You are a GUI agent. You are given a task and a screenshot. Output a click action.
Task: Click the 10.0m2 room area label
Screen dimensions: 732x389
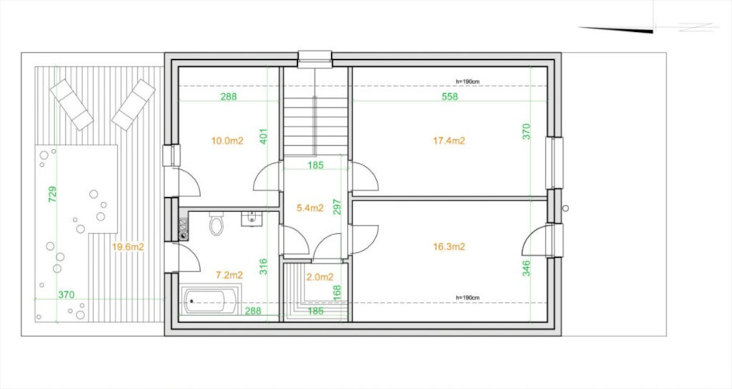point(227,141)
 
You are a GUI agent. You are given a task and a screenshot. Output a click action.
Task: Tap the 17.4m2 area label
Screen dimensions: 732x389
point(449,141)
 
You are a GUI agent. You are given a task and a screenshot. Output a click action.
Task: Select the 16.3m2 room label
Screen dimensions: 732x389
point(449,247)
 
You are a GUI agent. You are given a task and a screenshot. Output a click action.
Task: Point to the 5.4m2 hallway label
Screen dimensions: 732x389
point(310,208)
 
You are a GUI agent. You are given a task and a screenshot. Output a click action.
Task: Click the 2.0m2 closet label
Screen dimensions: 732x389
point(319,277)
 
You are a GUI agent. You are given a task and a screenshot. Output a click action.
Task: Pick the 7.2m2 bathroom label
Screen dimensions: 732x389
point(230,275)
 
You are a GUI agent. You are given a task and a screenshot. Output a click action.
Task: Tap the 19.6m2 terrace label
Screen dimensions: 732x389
point(128,248)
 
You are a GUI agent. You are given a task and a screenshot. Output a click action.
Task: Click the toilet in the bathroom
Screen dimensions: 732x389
point(216,224)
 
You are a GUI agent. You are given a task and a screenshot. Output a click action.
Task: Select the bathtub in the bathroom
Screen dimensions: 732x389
point(211,301)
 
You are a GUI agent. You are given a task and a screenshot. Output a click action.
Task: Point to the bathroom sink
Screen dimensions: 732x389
point(251,218)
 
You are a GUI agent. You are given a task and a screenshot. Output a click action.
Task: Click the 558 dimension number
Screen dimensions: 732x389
point(450,97)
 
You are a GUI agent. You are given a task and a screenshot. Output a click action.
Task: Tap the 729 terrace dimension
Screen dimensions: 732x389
point(52,194)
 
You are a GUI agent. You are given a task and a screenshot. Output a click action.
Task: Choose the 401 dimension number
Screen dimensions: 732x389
point(263,136)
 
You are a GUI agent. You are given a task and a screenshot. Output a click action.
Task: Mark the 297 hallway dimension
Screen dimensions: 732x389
point(337,207)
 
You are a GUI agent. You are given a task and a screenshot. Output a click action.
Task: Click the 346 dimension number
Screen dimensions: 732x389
point(526,269)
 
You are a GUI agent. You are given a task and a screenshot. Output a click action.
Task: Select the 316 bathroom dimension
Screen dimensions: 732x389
point(263,266)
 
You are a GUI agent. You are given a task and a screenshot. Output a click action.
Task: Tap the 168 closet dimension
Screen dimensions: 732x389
point(337,292)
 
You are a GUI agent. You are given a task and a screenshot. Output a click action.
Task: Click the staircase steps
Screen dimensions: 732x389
point(316,112)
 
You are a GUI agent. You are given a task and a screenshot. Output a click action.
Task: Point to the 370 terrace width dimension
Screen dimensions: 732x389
point(66,295)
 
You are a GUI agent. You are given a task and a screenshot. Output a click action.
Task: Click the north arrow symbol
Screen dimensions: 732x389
point(649,28)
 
